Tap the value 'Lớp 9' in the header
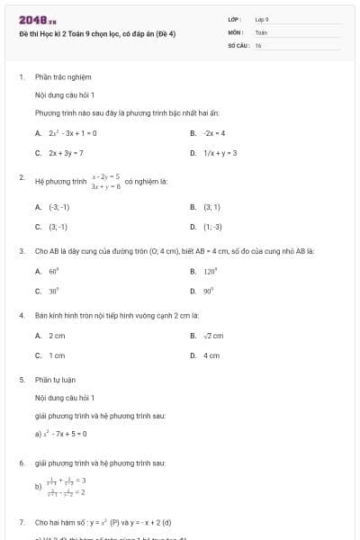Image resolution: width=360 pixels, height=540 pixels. pos(262,19)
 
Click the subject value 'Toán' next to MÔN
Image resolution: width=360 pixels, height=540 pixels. pos(261,31)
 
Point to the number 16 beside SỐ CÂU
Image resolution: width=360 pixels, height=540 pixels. pos(258,44)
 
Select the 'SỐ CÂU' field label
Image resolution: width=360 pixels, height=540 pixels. pos(238,44)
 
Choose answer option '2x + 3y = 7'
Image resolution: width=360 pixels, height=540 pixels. pos(67,153)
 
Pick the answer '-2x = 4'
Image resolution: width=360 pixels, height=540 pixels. pos(213,133)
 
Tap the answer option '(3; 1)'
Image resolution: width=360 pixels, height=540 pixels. pos(211,207)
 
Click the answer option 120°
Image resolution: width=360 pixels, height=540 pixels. pos(212,271)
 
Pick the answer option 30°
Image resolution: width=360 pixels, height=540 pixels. pos(54,291)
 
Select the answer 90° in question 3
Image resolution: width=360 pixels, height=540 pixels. pos(211,291)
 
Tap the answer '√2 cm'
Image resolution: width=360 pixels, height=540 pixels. pos(213,336)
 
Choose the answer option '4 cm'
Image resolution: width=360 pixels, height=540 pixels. pos(211,355)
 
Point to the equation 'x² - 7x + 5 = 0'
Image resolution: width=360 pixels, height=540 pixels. pos(66,434)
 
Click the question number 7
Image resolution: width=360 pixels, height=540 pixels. pos(21,522)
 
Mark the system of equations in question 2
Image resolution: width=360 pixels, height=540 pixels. pos(106,181)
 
